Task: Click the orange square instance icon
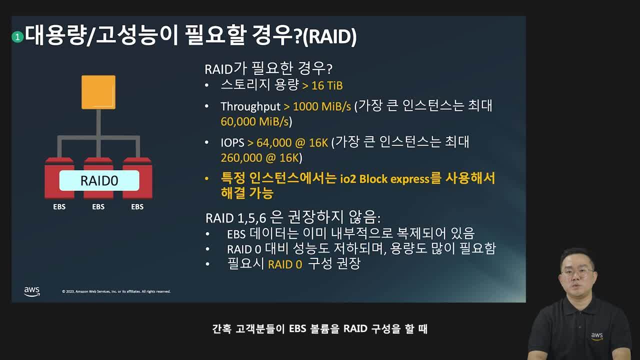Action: pos(98,92)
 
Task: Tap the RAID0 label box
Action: pos(99,180)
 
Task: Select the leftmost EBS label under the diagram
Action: pos(59,206)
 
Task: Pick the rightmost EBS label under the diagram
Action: pos(137,206)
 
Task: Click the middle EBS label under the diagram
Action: pos(98,206)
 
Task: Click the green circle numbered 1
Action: pos(18,36)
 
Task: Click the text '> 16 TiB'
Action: pos(322,85)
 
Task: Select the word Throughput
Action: pos(250,106)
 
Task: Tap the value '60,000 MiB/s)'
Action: pos(256,121)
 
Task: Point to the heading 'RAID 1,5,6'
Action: pos(235,218)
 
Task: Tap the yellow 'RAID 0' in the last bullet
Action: pos(285,264)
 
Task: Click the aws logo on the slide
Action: pos(32,291)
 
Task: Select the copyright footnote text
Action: pos(116,291)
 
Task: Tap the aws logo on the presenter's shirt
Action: pos(597,336)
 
